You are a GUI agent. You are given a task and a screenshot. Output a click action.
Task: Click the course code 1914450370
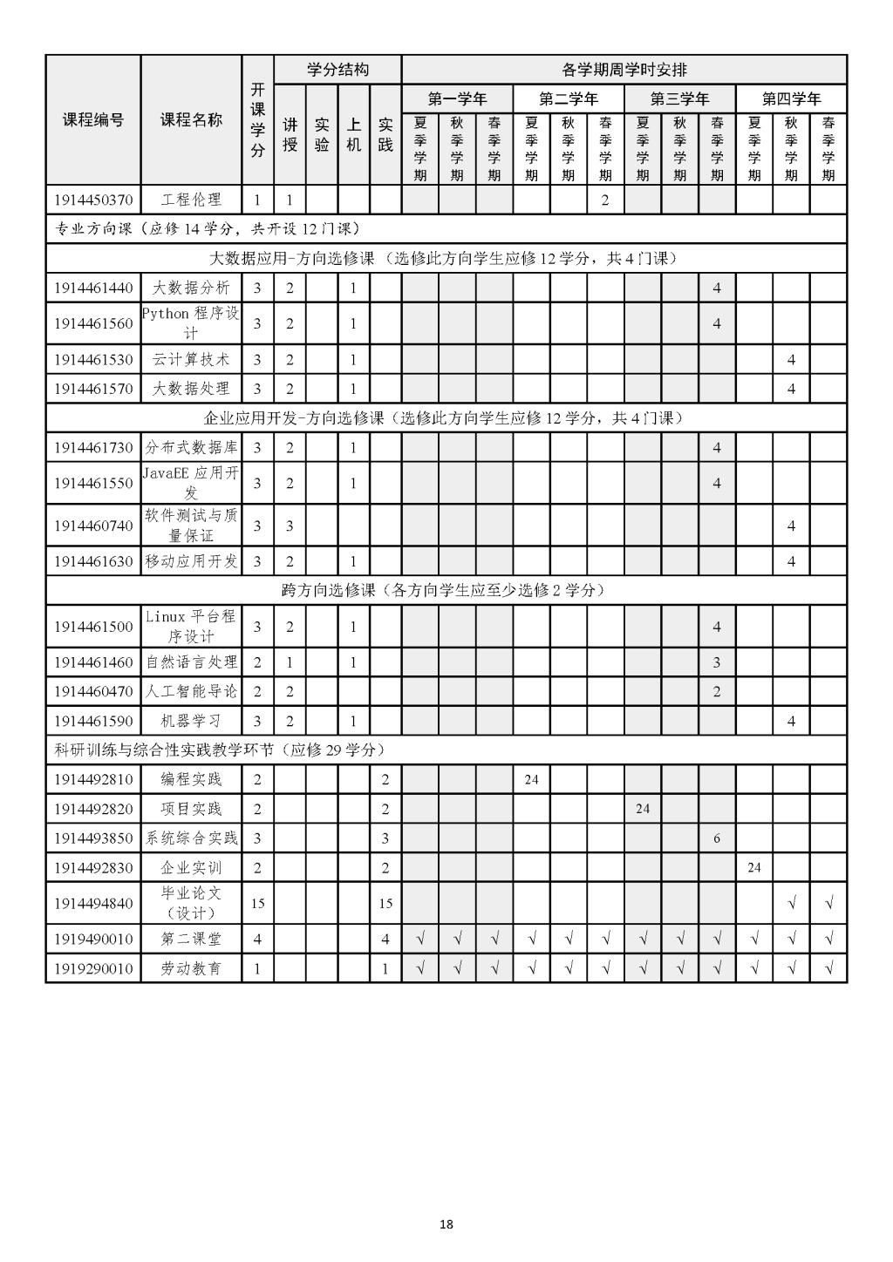point(93,200)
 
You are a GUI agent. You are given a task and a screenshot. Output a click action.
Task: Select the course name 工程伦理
point(191,200)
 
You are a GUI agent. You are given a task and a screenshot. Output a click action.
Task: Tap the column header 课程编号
point(93,120)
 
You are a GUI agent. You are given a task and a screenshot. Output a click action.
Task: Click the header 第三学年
point(679,98)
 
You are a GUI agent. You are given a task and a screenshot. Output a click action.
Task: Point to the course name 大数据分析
point(191,288)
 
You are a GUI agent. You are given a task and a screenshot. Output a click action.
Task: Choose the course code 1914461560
point(93,324)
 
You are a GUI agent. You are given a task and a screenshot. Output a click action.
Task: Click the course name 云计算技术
point(191,360)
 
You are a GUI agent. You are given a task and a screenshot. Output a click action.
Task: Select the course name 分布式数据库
point(191,448)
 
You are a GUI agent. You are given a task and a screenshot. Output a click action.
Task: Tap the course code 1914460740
point(93,526)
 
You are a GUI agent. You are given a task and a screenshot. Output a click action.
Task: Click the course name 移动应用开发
point(191,561)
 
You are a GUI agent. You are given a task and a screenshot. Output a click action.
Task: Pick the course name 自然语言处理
point(191,662)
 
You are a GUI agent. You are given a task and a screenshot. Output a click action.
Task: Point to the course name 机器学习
point(191,721)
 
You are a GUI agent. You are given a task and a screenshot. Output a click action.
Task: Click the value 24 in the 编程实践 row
point(531,779)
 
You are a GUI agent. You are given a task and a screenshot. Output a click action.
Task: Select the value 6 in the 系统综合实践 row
point(717,838)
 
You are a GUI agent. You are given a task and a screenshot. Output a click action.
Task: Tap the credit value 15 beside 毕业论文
point(257,904)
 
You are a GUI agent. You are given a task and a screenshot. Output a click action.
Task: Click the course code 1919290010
point(93,968)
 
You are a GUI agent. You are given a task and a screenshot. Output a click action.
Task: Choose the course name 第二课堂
point(191,940)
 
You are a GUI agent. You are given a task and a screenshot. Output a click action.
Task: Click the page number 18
point(446,1225)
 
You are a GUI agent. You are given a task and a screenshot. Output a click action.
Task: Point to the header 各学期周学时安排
point(624,70)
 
